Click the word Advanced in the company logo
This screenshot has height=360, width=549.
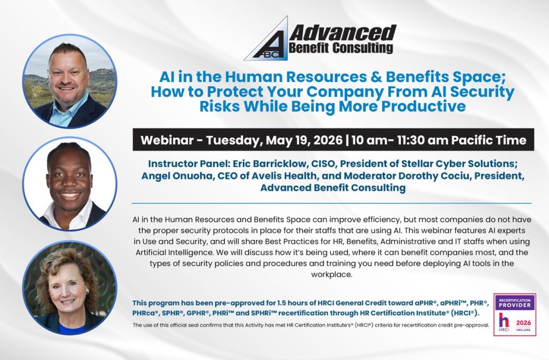(x=343, y=34)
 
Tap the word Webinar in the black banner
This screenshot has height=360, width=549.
(x=167, y=140)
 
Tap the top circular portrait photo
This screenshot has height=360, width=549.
(x=69, y=80)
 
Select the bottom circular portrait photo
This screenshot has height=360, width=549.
(x=69, y=288)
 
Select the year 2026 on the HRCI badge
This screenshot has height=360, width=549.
(x=522, y=322)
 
